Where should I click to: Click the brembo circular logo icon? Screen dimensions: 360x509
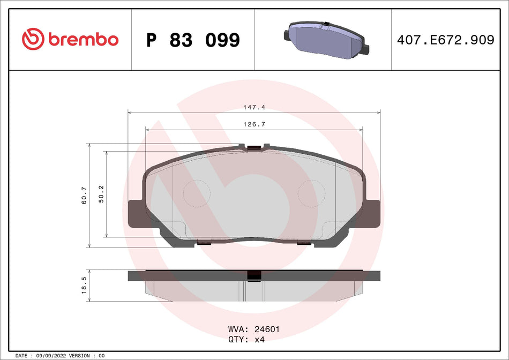[32, 39]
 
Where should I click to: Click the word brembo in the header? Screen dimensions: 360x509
[83, 40]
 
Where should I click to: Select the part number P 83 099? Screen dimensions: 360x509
[193, 40]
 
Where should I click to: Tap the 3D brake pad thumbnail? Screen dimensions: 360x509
[325, 39]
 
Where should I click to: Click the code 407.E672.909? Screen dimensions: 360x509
[445, 40]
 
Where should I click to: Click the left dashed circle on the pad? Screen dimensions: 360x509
[197, 193]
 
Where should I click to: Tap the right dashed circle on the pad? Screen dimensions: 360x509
[311, 193]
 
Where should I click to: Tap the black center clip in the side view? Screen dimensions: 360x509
[254, 275]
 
